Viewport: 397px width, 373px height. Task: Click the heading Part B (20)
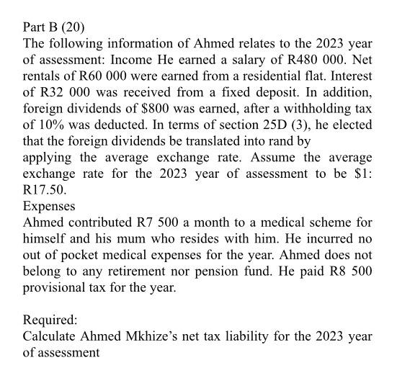point(54,28)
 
